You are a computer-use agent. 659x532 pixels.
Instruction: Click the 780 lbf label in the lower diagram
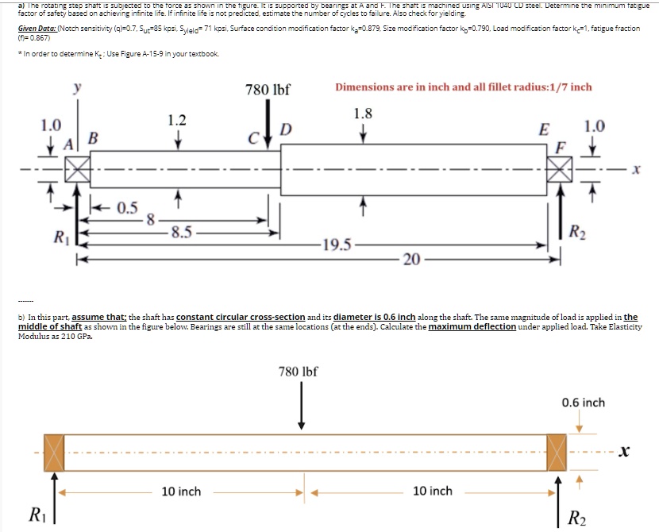(298, 370)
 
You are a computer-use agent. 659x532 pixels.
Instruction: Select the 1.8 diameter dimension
(363, 113)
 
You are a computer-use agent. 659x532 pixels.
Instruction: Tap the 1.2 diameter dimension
(177, 120)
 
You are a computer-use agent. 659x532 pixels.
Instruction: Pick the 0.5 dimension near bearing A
(128, 208)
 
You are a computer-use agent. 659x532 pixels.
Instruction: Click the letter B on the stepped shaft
(92, 137)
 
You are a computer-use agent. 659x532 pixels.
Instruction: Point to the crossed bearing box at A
(78, 168)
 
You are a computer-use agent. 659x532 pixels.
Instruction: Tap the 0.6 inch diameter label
(583, 403)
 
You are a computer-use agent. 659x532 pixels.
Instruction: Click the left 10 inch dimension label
(181, 492)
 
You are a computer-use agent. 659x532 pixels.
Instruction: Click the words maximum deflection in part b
(472, 327)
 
